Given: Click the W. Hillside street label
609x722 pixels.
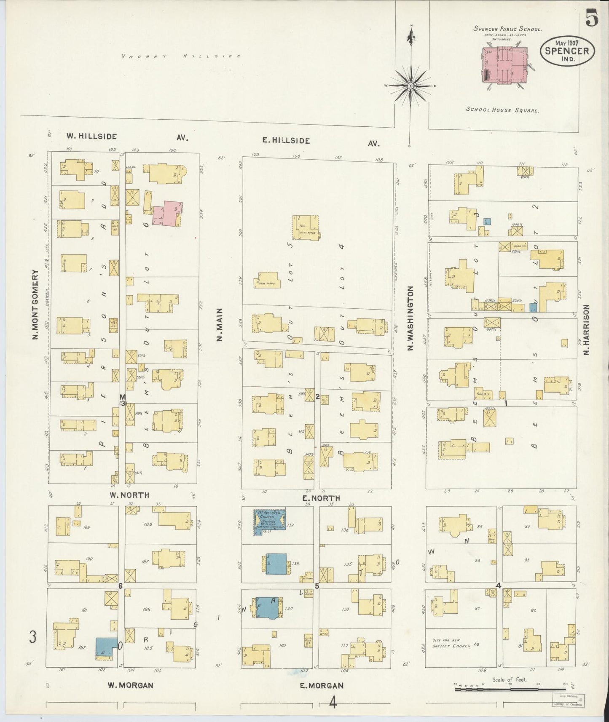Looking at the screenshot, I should (91, 136).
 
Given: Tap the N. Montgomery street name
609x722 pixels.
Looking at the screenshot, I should (35, 305).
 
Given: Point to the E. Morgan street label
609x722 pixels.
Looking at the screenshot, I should (322, 685).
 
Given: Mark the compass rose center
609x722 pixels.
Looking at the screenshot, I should (410, 86).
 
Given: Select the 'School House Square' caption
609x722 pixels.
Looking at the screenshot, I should (502, 110).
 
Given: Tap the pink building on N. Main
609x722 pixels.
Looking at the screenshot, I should (166, 214).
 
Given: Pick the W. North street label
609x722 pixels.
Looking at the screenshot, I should (130, 495).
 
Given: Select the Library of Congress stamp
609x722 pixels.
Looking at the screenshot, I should (568, 700).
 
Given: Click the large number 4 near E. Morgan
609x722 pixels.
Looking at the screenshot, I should (333, 702).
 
